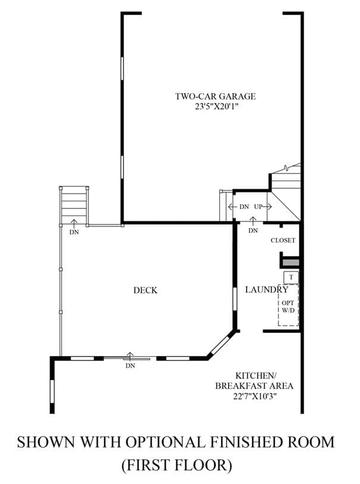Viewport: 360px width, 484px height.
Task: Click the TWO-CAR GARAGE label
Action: tap(216, 96)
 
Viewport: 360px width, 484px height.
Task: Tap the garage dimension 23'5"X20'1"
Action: tap(217, 107)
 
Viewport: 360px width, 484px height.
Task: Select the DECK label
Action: tap(146, 290)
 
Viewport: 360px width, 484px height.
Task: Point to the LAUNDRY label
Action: tap(267, 290)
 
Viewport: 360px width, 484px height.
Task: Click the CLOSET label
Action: tap(283, 240)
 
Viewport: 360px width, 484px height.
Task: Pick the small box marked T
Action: tap(291, 277)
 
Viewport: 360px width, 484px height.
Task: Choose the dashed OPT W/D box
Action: tap(288, 305)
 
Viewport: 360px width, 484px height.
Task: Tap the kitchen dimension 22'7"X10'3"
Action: tap(254, 396)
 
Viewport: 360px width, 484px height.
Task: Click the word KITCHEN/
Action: tap(256, 376)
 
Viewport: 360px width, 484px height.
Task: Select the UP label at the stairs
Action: tap(258, 207)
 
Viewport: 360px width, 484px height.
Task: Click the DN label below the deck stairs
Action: tap(74, 232)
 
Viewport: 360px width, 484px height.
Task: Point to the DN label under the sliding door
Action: tap(130, 366)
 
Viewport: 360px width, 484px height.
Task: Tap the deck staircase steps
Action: tap(74, 205)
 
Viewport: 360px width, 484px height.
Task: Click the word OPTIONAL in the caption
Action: tap(165, 442)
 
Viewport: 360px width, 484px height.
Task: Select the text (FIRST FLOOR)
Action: tap(176, 465)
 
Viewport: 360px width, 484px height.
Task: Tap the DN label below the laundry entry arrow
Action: tap(253, 230)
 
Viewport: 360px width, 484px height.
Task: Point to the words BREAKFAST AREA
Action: tap(254, 386)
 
